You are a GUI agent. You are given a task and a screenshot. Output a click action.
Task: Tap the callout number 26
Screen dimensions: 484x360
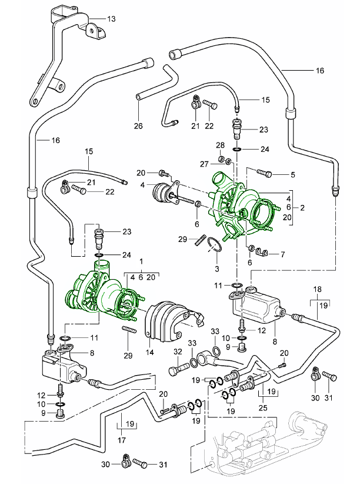(x=138, y=125)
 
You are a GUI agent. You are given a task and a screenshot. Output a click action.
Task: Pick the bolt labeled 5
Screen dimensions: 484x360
(x=265, y=174)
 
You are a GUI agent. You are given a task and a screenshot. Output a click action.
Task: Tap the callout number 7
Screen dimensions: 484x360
(x=282, y=254)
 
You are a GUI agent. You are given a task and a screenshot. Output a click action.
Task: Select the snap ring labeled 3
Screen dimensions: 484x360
(x=214, y=247)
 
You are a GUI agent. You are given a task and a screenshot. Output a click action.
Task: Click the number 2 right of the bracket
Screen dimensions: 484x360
(x=302, y=208)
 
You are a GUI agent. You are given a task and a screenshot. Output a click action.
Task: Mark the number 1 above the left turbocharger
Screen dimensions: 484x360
(x=141, y=261)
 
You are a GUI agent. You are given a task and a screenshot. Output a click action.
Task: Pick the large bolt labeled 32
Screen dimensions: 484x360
(x=176, y=372)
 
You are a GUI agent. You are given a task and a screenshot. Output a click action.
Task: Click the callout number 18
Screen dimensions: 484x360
(x=318, y=290)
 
